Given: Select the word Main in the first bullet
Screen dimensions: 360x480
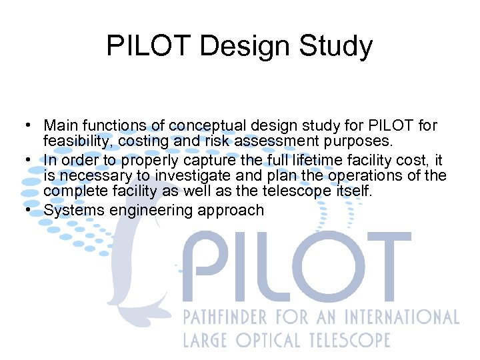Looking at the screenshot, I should point(59,125).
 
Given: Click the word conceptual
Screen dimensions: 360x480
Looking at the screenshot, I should point(205,125).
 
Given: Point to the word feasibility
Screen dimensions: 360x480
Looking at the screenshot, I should point(73,141).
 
